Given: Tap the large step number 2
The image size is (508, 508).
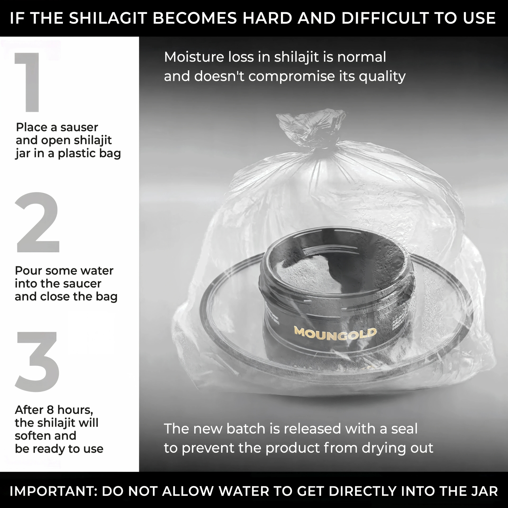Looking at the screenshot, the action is click(37, 222).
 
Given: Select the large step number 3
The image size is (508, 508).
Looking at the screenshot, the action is click(37, 361).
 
